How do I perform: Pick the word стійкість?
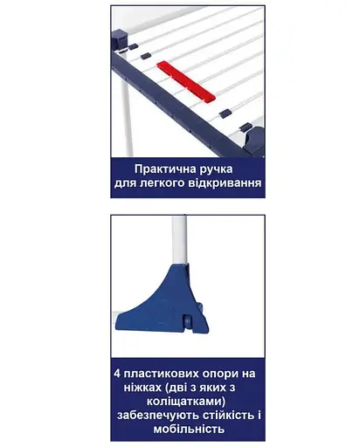coord(232,415)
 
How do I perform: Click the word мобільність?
coord(188,430)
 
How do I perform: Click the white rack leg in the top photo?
coord(126,122)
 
